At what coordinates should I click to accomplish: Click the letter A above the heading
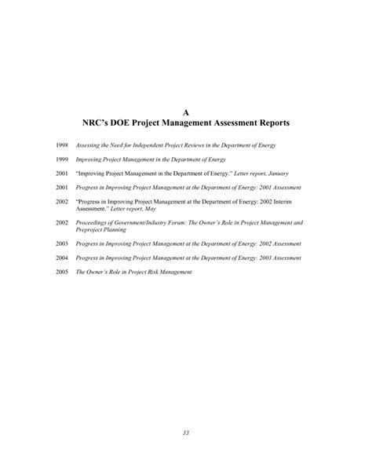point(186,112)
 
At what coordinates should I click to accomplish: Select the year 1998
point(62,146)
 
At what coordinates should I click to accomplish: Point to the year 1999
point(62,159)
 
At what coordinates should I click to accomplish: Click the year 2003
point(62,245)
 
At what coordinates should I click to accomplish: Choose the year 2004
point(62,258)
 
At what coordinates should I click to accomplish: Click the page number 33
point(186,433)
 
